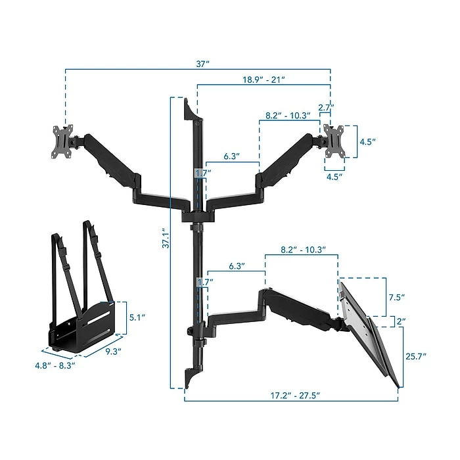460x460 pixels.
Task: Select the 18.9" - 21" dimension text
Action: pos(263,79)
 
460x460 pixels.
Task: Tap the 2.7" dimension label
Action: pos(326,107)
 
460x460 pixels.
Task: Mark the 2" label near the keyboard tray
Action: pos(401,321)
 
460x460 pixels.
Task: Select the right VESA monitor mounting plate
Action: pos(334,141)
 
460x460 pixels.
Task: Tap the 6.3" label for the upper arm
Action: pos(231,156)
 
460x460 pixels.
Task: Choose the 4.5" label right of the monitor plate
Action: pos(368,141)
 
